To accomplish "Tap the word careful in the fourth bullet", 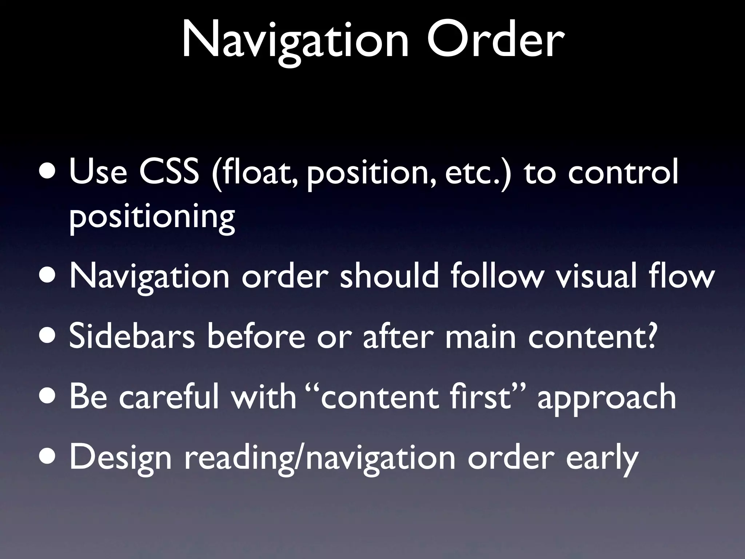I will (x=169, y=397).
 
